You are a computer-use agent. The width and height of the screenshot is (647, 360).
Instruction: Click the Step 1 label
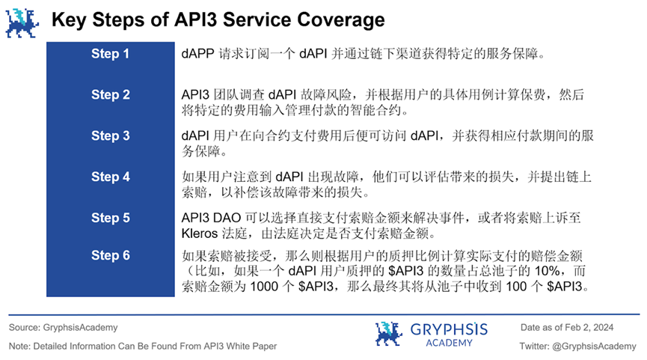[x=110, y=54]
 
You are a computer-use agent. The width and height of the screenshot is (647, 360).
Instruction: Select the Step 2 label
[x=110, y=95]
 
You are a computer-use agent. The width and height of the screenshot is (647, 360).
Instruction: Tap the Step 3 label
[x=110, y=135]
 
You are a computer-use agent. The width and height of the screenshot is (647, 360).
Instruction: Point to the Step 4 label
[x=110, y=177]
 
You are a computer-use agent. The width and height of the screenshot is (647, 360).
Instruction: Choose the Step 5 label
[x=110, y=218]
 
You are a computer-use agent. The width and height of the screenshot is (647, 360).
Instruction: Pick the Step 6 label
[x=110, y=255]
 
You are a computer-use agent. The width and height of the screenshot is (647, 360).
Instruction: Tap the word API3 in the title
[x=182, y=19]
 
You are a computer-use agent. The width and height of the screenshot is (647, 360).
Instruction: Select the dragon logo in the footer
[x=388, y=334]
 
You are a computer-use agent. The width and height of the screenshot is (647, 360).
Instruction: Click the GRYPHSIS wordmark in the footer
[x=448, y=329]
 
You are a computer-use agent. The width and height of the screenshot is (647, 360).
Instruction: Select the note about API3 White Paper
[x=143, y=346]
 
